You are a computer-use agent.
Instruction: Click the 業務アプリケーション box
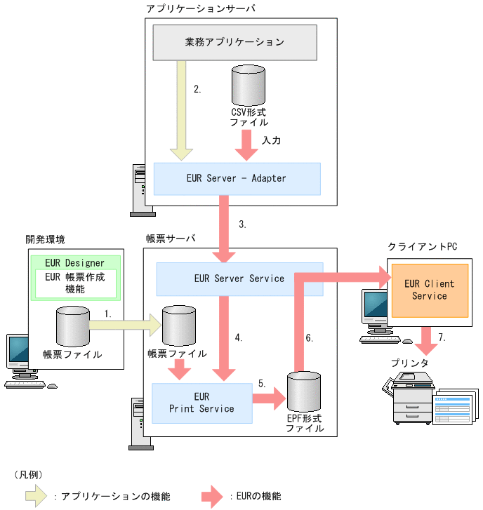point(234,42)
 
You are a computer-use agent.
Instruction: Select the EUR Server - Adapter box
point(237,178)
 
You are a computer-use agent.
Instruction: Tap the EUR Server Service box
point(239,279)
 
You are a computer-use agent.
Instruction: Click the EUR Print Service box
point(201,403)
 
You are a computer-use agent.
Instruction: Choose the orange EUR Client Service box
point(429,290)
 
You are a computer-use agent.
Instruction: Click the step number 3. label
point(242,225)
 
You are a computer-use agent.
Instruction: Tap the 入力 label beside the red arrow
point(271,140)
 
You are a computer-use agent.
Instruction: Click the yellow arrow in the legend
point(36,496)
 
